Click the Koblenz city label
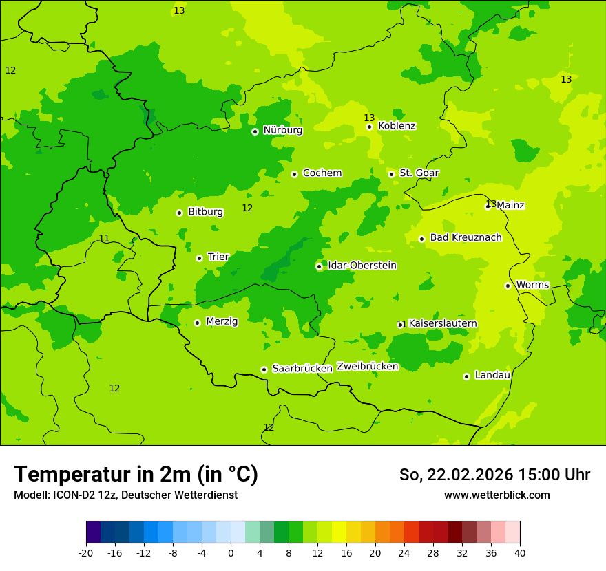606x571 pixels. pyautogui.click(x=397, y=126)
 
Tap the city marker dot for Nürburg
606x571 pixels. pyautogui.click(x=255, y=131)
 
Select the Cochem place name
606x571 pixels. pyautogui.click(x=322, y=173)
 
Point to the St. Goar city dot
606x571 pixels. pyautogui.click(x=391, y=174)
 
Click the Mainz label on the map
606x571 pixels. pyautogui.click(x=510, y=205)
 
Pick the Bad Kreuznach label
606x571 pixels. pyautogui.click(x=466, y=238)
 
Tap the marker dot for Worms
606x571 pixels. pyautogui.click(x=508, y=285)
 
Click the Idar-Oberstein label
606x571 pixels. pyautogui.click(x=362, y=266)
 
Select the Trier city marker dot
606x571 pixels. pyautogui.click(x=199, y=258)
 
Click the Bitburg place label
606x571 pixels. pyautogui.click(x=205, y=212)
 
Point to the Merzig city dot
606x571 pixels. pyautogui.click(x=197, y=323)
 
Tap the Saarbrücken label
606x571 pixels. pyautogui.click(x=302, y=369)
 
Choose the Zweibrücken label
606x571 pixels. pyautogui.click(x=367, y=367)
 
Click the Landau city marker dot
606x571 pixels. pyautogui.click(x=466, y=376)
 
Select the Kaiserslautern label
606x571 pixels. pyautogui.click(x=443, y=323)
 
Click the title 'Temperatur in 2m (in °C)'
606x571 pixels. pyautogui.click(x=136, y=475)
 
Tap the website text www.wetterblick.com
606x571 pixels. pyautogui.click(x=497, y=495)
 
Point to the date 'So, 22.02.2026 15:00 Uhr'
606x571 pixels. pyautogui.click(x=494, y=475)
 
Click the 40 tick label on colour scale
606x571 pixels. pyautogui.click(x=520, y=553)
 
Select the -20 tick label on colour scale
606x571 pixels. pyautogui.click(x=86, y=553)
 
